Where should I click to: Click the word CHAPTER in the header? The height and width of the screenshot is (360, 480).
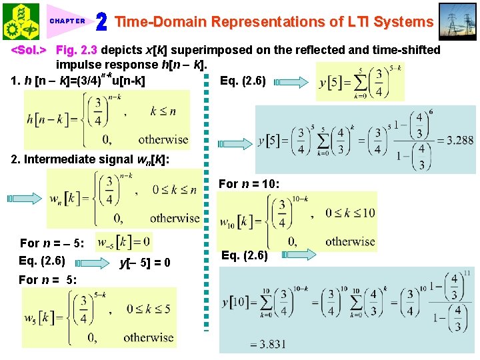click(67, 21)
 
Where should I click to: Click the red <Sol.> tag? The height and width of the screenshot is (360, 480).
click(29, 50)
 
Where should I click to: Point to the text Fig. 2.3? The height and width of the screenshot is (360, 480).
click(77, 50)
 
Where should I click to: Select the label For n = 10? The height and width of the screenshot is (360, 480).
click(249, 183)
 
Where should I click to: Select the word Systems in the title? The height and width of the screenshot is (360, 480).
click(403, 22)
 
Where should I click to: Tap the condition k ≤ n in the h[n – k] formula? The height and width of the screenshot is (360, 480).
click(163, 111)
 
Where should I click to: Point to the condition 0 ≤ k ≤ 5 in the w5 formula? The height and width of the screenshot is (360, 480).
click(152, 309)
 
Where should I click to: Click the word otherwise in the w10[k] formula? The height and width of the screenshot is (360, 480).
click(350, 241)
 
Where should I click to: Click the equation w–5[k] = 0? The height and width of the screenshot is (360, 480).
click(124, 240)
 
